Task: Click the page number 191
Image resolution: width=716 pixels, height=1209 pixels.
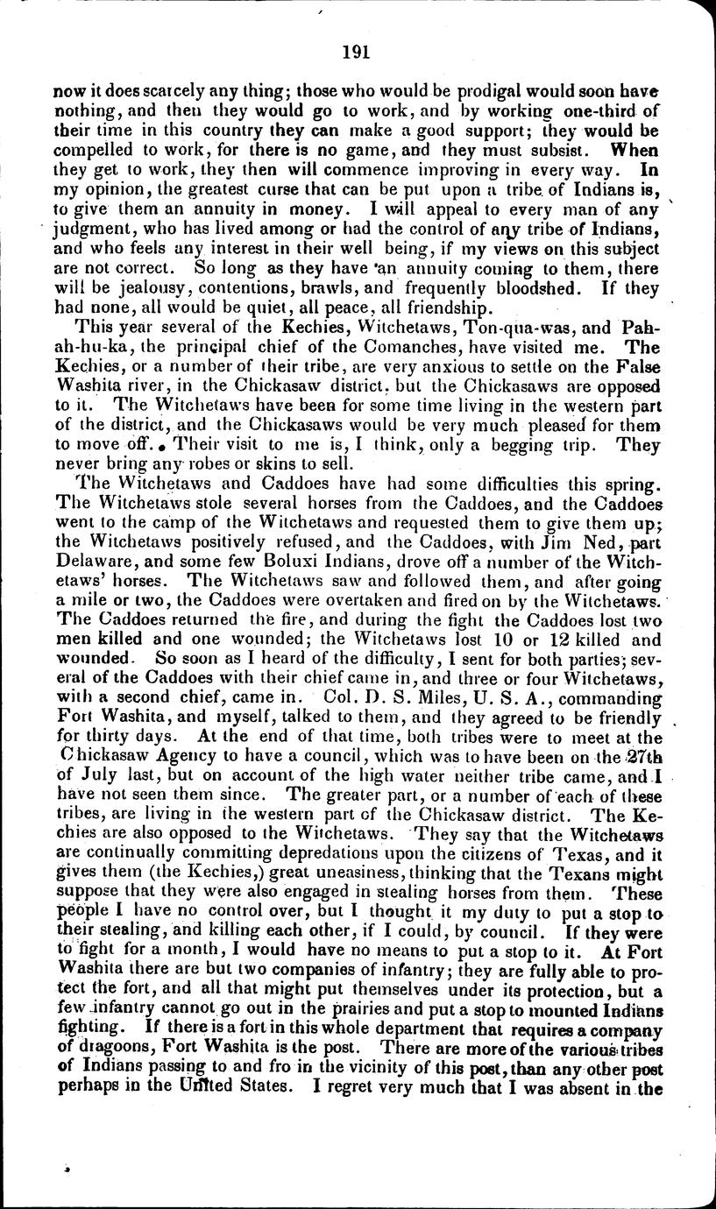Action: point(358,51)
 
